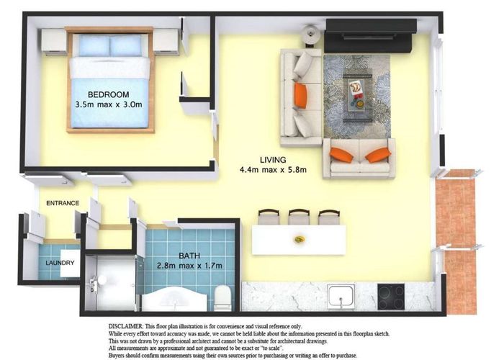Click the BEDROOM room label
109,94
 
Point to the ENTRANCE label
63,203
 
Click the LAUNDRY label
60,263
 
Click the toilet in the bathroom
222,297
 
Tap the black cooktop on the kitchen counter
391,295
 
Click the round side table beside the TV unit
310,32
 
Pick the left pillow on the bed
93,45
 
